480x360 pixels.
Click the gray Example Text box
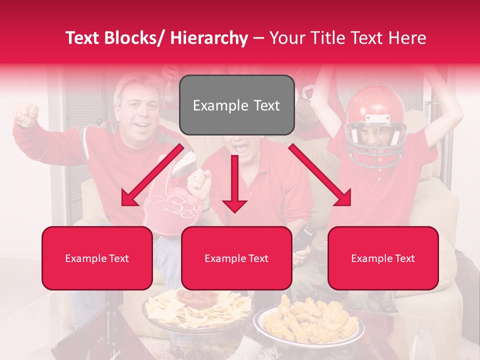236,105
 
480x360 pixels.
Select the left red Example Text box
97,258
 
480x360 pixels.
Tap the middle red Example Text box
236,258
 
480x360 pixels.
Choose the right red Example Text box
383,258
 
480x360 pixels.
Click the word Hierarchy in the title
209,38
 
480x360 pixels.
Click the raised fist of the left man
26,114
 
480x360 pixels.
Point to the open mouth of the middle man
240,148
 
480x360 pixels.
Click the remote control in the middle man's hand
303,237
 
